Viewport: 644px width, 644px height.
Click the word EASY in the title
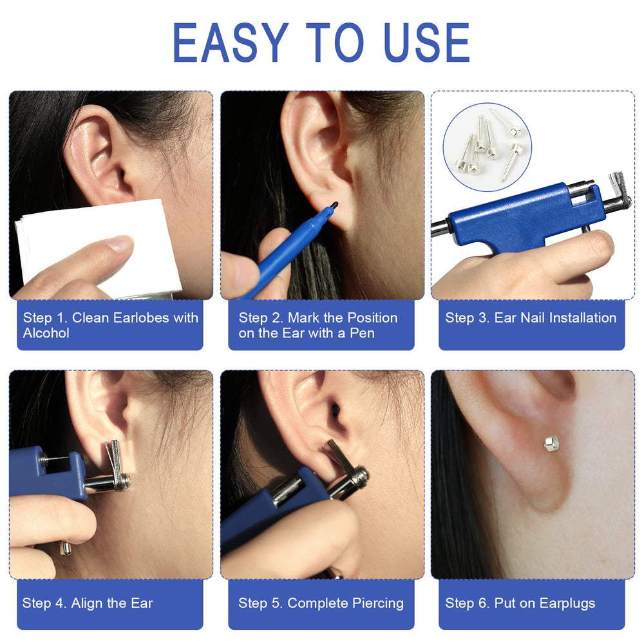[x=231, y=43]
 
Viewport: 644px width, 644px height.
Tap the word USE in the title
[x=427, y=43]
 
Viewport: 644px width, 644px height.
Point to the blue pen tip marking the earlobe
[x=333, y=205]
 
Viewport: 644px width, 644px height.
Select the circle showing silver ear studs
[x=487, y=147]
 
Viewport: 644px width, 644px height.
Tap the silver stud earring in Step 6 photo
[x=551, y=443]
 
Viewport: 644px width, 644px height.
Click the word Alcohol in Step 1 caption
[x=46, y=333]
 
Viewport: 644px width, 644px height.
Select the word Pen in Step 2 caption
[x=362, y=333]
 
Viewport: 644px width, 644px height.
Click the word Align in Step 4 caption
[x=86, y=603]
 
